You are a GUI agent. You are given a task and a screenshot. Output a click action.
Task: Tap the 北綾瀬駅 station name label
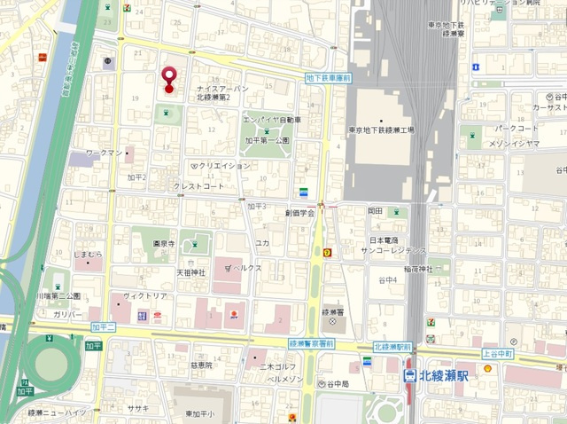tap(445, 376)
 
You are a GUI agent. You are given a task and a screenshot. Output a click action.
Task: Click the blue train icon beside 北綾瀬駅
tap(410, 376)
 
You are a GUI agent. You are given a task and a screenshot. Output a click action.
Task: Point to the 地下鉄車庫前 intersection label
tap(329, 78)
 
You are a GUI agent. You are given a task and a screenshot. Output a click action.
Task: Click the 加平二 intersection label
tap(104, 327)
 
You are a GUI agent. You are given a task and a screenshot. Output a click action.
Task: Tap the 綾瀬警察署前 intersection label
tap(312, 343)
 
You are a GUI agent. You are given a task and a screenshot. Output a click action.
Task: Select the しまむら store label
tap(88, 255)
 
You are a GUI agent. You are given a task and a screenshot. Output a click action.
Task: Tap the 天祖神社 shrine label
tap(190, 271)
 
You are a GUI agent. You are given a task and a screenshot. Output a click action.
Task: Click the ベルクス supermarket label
tap(245, 266)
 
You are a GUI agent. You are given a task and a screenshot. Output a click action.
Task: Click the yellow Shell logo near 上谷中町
tap(486, 367)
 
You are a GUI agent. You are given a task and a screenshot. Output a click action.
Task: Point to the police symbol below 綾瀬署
tap(332, 321)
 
